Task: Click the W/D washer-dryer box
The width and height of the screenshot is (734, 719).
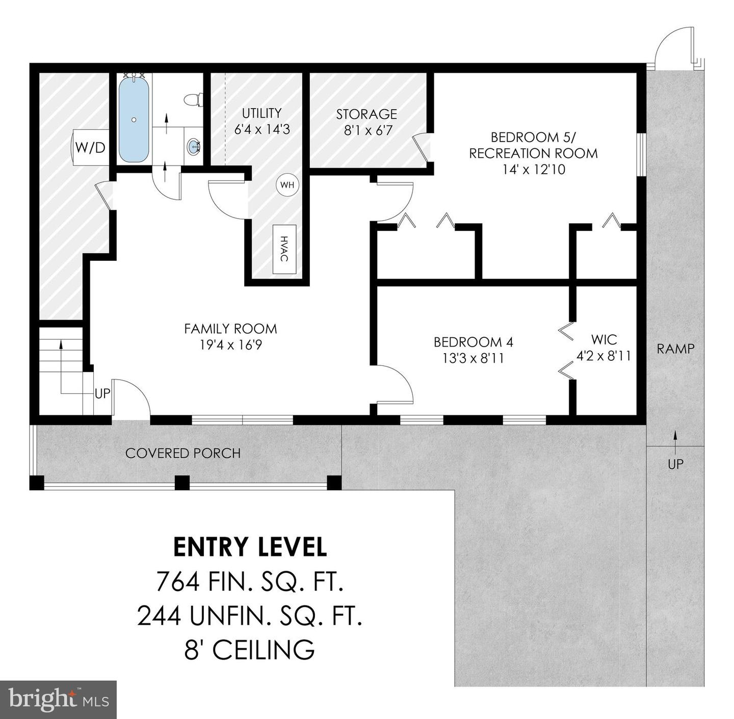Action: [x=90, y=147]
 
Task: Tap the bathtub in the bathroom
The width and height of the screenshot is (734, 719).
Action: [x=134, y=119]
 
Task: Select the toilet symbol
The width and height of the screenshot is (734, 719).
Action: [x=193, y=100]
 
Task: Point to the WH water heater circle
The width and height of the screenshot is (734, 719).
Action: [x=287, y=185]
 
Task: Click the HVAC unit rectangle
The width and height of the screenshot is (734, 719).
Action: [x=284, y=249]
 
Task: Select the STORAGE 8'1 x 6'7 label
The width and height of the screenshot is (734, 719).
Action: [x=366, y=122]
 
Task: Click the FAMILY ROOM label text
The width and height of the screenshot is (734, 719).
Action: [x=230, y=336]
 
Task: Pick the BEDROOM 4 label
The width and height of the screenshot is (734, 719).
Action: [x=473, y=350]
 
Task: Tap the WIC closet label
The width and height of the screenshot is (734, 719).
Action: [x=604, y=347]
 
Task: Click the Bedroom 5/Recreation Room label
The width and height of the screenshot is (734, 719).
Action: [x=533, y=153]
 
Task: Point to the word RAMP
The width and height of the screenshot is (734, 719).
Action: [x=675, y=349]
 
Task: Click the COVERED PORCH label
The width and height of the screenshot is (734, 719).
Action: [x=182, y=453]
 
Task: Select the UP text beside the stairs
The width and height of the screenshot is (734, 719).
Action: [x=102, y=394]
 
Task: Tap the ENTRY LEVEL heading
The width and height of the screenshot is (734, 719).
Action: [x=250, y=547]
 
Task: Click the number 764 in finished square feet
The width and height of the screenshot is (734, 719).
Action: [x=177, y=581]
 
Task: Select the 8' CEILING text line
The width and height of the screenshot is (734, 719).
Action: [x=249, y=650]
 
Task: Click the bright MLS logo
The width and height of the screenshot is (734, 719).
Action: [x=59, y=699]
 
